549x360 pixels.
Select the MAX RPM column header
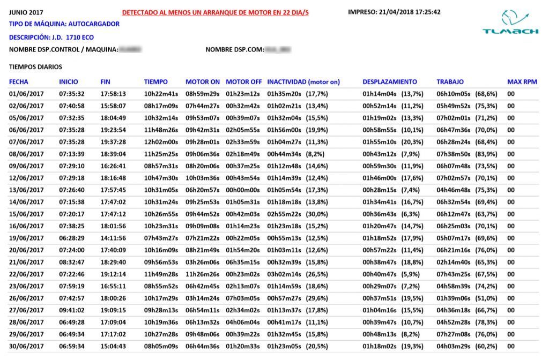[522, 82]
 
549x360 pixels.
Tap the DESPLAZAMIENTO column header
[389, 82]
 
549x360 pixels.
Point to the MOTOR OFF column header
[243, 82]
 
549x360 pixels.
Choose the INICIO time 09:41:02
[71, 310]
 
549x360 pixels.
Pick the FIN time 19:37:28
[113, 142]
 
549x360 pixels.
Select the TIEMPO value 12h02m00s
[161, 142]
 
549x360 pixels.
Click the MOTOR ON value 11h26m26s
[202, 274]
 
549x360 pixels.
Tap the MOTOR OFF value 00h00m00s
[243, 190]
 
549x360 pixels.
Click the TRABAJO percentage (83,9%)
[486, 154]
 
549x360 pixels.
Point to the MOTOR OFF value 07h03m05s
[243, 298]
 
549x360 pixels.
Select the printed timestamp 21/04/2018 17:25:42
[394, 12]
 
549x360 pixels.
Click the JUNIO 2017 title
[27, 12]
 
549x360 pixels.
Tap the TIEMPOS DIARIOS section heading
[35, 67]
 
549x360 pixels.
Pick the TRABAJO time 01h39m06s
[453, 298]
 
